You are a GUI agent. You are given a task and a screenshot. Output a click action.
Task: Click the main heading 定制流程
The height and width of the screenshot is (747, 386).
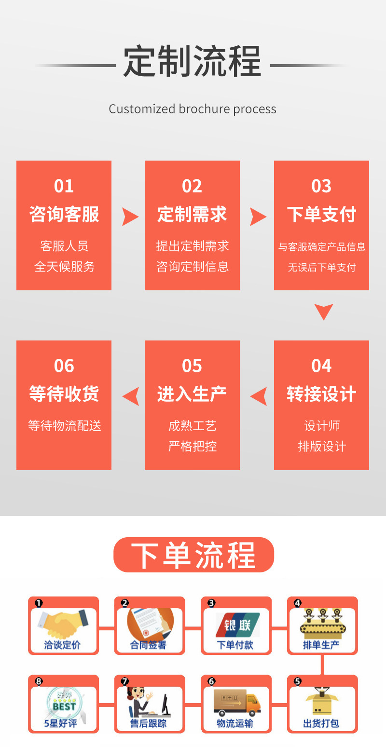click(192, 62)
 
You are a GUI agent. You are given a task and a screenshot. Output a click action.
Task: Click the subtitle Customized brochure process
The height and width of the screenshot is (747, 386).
click(193, 109)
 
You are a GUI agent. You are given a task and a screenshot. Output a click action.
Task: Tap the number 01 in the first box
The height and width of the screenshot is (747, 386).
click(64, 186)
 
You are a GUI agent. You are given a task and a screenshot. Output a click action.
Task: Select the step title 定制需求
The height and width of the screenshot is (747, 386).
click(192, 215)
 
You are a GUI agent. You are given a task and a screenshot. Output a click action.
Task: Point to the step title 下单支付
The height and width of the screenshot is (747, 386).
click(321, 215)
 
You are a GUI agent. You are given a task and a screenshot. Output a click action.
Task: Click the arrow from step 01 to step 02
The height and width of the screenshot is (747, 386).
click(129, 217)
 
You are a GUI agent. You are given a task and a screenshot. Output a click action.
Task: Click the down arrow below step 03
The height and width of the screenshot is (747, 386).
click(323, 312)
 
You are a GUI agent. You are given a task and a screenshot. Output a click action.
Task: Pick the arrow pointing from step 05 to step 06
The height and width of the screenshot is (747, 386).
click(131, 396)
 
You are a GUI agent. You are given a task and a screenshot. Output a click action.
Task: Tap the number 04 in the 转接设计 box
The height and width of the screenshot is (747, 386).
click(321, 366)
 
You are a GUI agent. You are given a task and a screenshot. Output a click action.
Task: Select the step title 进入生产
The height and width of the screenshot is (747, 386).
click(192, 394)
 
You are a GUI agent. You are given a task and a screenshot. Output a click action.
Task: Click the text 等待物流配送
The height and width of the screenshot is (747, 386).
click(64, 426)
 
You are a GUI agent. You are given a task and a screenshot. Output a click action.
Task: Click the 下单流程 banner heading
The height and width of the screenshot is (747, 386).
click(193, 555)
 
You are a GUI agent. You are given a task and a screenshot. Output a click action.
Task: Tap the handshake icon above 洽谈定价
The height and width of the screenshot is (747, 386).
click(63, 623)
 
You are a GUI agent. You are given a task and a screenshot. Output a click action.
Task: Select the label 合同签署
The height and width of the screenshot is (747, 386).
click(148, 645)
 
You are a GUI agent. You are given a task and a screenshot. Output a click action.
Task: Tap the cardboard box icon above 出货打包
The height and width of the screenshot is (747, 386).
click(322, 702)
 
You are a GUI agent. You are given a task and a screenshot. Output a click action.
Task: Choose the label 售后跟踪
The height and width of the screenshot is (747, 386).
click(148, 723)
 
